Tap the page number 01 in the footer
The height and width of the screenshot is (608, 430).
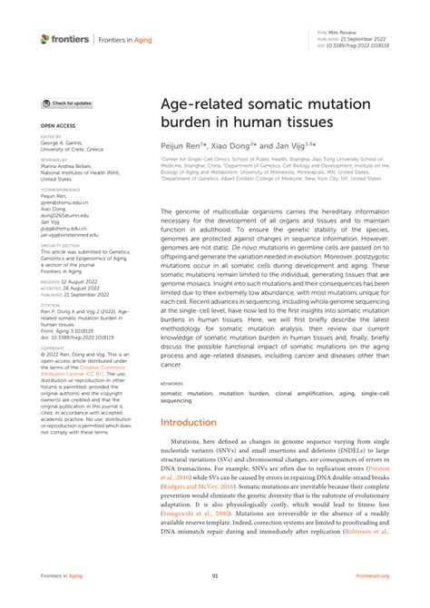(x=215, y=575)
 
